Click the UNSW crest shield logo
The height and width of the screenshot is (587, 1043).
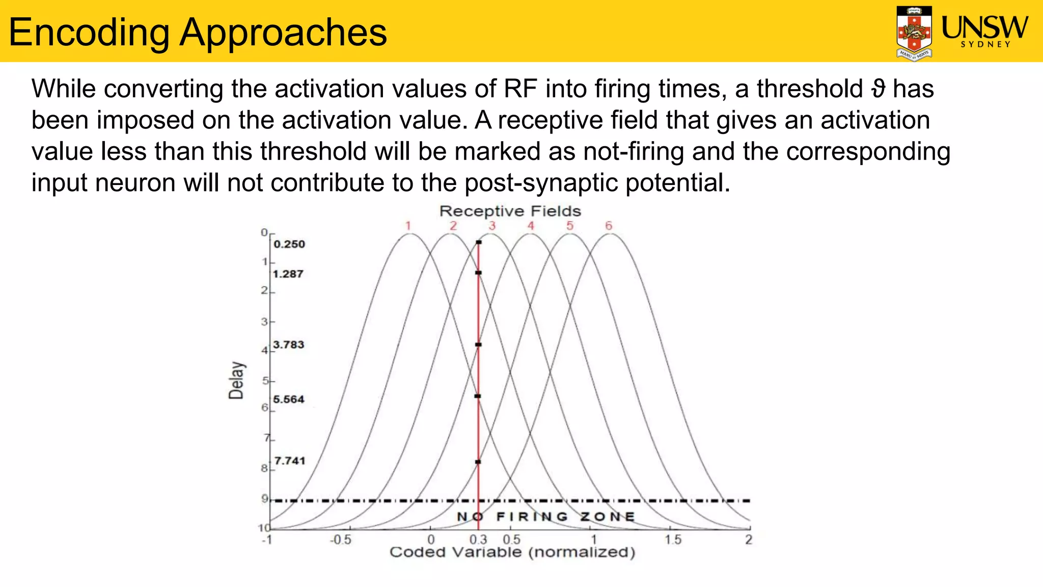(x=914, y=33)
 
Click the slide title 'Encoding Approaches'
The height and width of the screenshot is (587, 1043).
(x=198, y=32)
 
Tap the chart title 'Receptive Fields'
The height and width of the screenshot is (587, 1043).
(x=510, y=211)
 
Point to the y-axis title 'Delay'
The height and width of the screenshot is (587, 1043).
(x=236, y=380)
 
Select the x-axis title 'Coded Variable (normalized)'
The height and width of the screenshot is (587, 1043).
(x=512, y=552)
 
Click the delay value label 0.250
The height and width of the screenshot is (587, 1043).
(x=289, y=244)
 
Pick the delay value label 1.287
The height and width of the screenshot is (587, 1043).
(x=288, y=274)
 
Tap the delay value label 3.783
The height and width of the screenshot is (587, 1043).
(x=289, y=344)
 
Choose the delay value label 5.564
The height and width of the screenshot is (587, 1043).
(x=289, y=399)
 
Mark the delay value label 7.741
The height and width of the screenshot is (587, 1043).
(x=290, y=461)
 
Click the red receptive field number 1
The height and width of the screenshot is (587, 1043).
(x=408, y=226)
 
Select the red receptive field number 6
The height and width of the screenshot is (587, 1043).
(x=609, y=226)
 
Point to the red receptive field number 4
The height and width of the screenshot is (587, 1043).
(x=531, y=226)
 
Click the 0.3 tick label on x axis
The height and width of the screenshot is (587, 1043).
(x=478, y=540)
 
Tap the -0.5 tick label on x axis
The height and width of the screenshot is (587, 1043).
(x=340, y=540)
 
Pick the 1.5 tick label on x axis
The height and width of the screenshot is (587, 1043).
(x=673, y=540)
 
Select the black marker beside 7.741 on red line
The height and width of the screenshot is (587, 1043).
(x=478, y=462)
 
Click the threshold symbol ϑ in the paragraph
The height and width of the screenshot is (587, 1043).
(x=877, y=89)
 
